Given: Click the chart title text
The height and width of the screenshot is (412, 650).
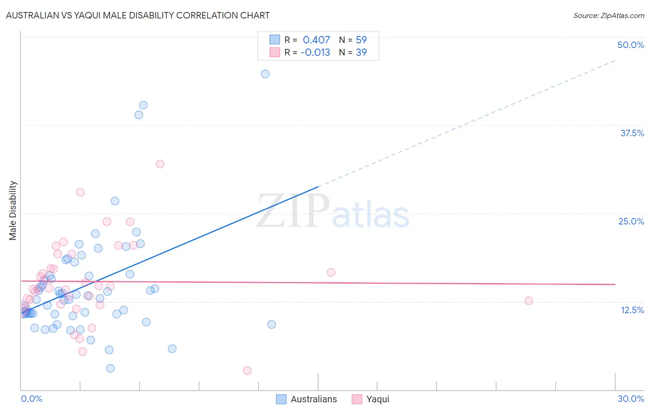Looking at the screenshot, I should [x=138, y=15].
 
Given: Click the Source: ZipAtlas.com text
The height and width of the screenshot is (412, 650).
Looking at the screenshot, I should [x=608, y=16].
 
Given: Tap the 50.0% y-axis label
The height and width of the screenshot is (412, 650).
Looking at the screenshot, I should [x=631, y=45].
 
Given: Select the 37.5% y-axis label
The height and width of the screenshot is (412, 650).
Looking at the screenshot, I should [x=632, y=133].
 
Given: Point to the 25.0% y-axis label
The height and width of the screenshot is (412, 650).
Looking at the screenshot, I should [x=631, y=221].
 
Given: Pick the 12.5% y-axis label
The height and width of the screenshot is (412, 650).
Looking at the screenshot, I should [x=632, y=310].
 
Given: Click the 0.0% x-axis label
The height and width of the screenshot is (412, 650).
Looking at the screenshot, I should [x=31, y=399].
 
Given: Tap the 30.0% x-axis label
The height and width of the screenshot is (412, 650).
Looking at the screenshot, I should [x=631, y=399].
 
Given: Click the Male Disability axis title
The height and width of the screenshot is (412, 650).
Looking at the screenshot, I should [x=13, y=210].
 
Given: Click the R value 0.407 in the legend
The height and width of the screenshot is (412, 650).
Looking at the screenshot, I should [x=316, y=40].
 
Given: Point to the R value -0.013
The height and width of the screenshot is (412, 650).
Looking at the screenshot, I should [x=315, y=53].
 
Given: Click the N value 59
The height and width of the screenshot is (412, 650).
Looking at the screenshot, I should [x=361, y=40].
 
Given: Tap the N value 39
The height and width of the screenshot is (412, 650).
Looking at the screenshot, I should [x=361, y=53].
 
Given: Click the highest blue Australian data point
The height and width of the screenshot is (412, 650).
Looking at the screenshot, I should [x=265, y=74].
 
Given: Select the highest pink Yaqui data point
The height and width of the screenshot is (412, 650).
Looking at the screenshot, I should [x=160, y=164].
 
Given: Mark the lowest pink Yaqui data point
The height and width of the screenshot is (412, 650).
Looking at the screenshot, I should [x=247, y=370].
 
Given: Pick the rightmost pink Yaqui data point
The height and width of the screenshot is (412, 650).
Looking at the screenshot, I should [x=528, y=301].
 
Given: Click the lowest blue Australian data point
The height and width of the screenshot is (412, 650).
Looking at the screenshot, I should [x=110, y=368].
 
